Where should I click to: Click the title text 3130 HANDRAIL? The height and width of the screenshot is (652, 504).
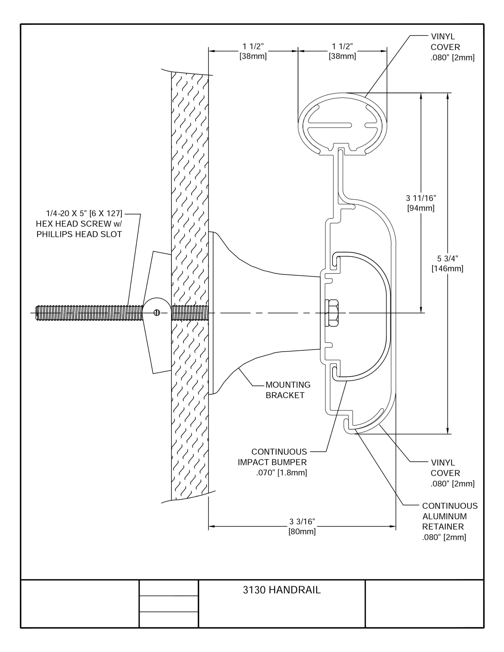click(x=282, y=590)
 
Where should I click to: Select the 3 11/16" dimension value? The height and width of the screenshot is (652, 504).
click(x=421, y=198)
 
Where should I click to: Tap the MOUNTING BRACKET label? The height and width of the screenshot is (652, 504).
click(x=288, y=390)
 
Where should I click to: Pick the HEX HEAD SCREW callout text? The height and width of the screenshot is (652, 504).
click(x=79, y=224)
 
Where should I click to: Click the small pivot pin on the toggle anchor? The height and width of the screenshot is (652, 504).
click(x=157, y=313)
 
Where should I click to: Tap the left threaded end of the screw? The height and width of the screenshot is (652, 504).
click(x=37, y=313)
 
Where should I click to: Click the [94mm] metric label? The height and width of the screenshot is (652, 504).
click(x=421, y=208)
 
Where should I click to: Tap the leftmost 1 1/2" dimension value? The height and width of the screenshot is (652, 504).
click(x=253, y=46)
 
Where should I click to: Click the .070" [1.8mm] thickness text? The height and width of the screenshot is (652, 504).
click(x=282, y=472)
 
